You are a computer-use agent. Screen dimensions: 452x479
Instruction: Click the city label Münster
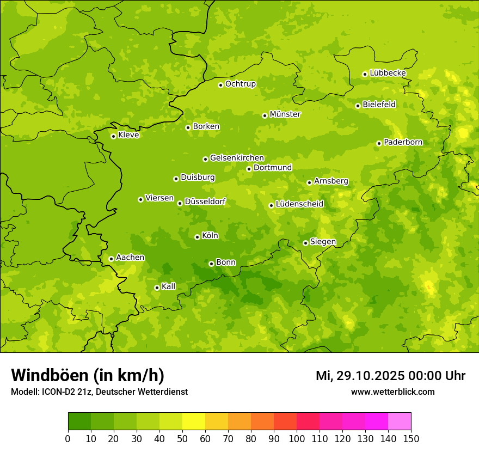tap(285, 114)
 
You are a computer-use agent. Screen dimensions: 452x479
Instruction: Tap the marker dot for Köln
tap(197, 237)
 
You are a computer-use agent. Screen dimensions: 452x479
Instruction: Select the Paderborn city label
tap(403, 142)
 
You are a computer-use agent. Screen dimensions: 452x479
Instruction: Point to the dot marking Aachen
tap(111, 259)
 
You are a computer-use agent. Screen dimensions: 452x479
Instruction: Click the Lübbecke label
tap(388, 73)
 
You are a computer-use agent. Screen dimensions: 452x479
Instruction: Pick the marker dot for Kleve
tap(113, 136)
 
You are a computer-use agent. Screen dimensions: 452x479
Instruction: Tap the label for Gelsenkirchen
tap(237, 158)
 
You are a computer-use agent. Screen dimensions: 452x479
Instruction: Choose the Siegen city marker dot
tap(305, 243)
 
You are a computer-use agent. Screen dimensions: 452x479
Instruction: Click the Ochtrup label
tap(240, 84)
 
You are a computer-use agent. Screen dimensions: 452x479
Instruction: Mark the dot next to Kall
tap(157, 288)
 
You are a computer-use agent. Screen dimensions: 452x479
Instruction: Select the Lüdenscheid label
tap(299, 204)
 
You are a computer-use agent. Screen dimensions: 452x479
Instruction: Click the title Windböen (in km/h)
tap(88, 375)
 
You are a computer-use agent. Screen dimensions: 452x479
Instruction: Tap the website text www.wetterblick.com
tap(392, 392)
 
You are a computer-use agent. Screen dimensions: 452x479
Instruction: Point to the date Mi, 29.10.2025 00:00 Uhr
tap(390, 376)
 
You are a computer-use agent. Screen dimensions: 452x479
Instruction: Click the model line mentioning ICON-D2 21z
tap(99, 392)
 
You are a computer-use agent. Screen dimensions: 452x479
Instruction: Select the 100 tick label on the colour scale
tap(297, 438)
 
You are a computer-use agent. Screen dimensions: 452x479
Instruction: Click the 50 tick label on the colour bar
tap(182, 438)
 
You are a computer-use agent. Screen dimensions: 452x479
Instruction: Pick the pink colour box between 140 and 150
tap(400, 422)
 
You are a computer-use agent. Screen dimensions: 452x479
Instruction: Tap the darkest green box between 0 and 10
tap(79, 422)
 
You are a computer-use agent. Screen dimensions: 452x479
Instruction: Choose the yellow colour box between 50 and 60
tap(194, 422)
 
